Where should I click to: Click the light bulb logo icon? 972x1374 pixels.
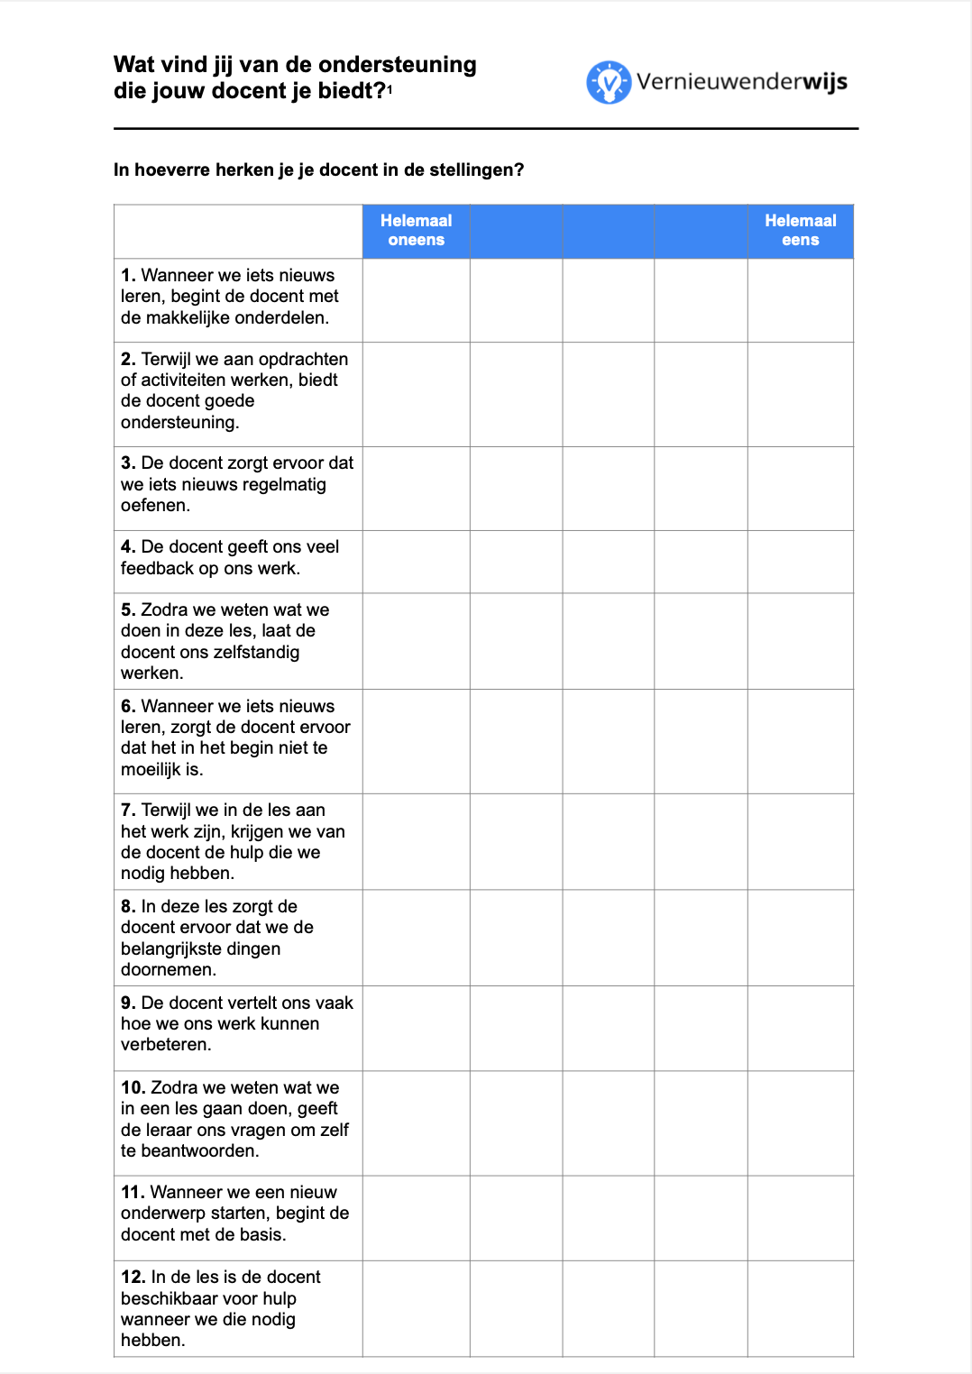(x=609, y=83)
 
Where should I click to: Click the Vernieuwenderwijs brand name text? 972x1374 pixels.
(x=741, y=82)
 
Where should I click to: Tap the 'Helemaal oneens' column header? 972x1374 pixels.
(x=416, y=231)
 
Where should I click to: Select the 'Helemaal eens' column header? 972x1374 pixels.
(x=800, y=231)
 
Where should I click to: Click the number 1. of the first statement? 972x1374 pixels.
(x=128, y=276)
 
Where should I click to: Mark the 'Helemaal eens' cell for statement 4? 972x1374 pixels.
(x=800, y=562)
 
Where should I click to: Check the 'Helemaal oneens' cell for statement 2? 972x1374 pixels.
(x=416, y=394)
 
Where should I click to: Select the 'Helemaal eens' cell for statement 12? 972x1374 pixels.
(x=800, y=1308)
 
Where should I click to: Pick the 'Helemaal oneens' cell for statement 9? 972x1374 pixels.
(x=416, y=1029)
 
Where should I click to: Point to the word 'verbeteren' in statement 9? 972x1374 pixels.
(x=164, y=1045)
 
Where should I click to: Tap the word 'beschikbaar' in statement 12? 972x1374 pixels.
(x=166, y=1299)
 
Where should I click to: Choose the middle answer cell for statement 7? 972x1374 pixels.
(x=608, y=842)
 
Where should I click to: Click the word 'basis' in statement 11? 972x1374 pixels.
(x=261, y=1235)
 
